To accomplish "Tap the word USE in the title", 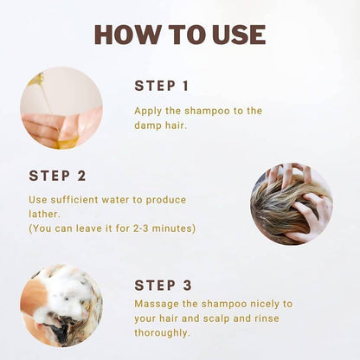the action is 241,35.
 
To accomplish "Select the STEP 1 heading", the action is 162,86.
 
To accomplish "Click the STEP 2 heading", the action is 57,176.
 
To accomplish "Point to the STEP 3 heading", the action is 164,286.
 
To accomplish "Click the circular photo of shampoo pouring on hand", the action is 61,108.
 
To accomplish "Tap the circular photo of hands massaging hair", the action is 292,204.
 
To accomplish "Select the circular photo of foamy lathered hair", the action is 61,305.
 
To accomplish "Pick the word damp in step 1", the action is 148,125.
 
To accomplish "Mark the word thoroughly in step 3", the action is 161,333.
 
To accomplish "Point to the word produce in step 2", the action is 166,200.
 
